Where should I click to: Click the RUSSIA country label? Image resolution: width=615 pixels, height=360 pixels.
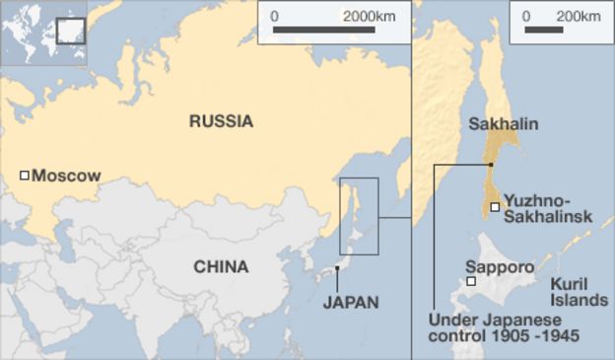[221, 122]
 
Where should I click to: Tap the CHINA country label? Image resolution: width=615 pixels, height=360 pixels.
[221, 266]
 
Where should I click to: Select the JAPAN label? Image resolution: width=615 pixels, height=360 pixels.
[350, 302]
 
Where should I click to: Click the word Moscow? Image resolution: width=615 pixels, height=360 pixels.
[66, 176]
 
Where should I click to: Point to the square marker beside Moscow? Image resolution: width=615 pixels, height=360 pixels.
[25, 176]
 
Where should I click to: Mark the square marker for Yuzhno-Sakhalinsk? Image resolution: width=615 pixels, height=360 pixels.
[495, 207]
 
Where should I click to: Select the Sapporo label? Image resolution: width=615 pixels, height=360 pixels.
[500, 267]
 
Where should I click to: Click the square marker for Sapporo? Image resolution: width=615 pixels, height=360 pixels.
[471, 282]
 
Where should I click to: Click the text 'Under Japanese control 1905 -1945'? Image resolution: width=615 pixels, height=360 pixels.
[503, 328]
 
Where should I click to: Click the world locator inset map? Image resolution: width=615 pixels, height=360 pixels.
[44, 33]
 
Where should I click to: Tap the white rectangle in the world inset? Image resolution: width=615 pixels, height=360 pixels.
[70, 31]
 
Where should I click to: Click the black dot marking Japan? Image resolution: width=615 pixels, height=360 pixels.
[337, 267]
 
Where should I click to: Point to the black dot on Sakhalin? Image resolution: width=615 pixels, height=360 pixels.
[490, 164]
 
